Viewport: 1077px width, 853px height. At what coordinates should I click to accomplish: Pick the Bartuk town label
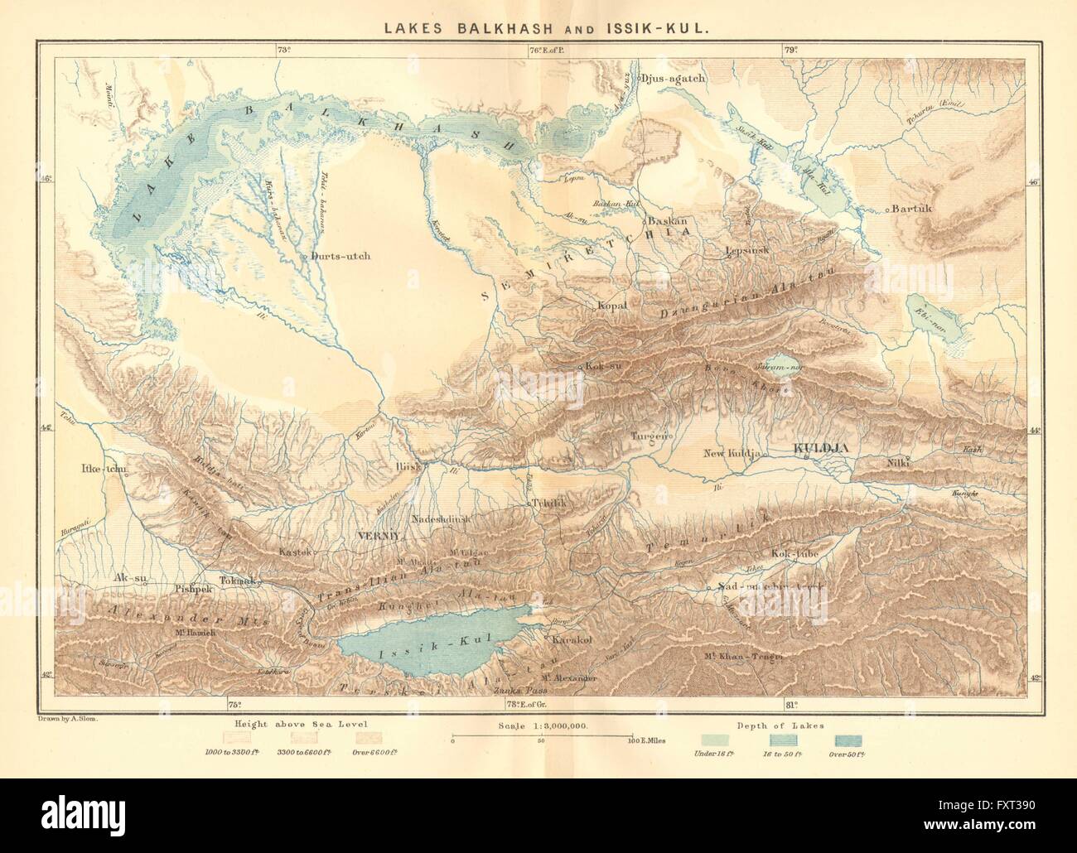[x=912, y=209]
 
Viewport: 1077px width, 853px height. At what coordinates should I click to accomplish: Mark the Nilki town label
[x=898, y=463]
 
